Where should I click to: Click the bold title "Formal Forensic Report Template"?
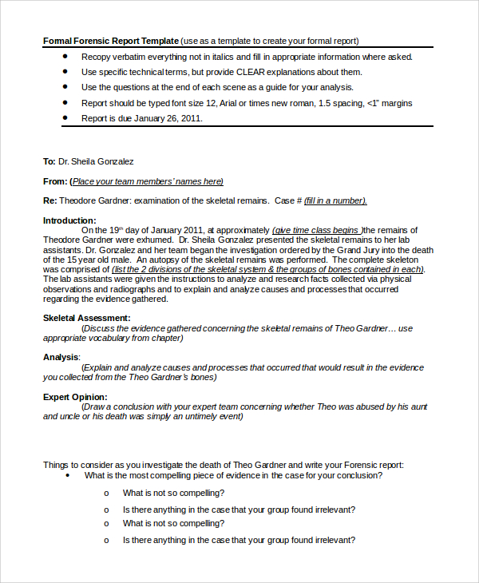tap(110, 41)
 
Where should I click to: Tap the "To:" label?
tap(49, 161)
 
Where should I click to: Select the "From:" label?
tap(55, 181)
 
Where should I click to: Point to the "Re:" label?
tap(49, 200)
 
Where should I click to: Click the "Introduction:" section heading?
tap(69, 220)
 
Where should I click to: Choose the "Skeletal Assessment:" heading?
tap(87, 318)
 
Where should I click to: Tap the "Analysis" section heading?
tap(61, 357)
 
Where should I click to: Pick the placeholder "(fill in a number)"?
tap(335, 200)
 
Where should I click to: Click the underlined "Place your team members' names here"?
tap(148, 181)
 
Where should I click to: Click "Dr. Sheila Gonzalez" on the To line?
tap(97, 161)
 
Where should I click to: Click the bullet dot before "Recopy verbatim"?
tap(65, 57)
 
